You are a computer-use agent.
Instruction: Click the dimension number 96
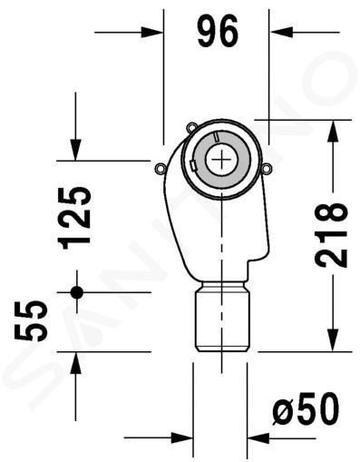(x=218, y=31)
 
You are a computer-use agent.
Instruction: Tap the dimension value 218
(x=330, y=235)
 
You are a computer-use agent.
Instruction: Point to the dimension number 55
(x=31, y=321)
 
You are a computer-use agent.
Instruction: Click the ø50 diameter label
(x=306, y=409)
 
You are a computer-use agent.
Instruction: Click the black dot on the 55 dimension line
(x=77, y=292)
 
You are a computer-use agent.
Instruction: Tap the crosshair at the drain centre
(x=221, y=160)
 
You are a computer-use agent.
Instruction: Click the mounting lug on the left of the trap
(x=161, y=169)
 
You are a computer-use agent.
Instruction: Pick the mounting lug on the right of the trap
(x=268, y=168)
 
